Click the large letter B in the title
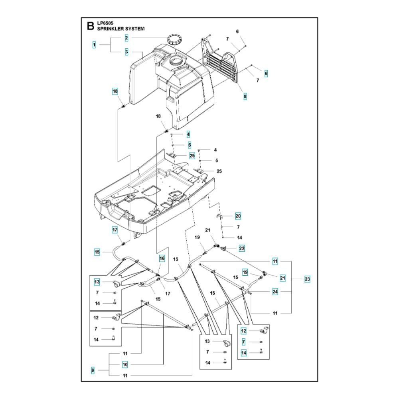click(90, 26)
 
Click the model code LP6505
click(105, 24)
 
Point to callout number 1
click(94, 45)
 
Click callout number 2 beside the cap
click(126, 38)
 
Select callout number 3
click(126, 52)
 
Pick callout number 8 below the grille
click(245, 96)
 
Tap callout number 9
click(93, 371)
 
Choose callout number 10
click(125, 365)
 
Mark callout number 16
click(162, 259)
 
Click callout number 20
click(238, 216)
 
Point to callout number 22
click(241, 248)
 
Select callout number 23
click(307, 279)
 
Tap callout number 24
click(275, 292)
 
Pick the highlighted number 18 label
click(115, 92)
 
